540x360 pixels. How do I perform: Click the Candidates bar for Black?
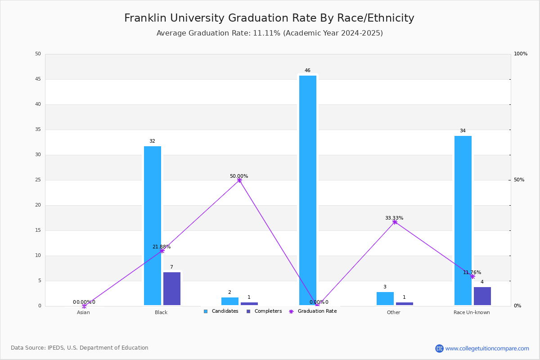(x=153, y=226)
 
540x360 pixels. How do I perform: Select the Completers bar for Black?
(x=172, y=288)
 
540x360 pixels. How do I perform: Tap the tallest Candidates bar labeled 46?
(x=308, y=190)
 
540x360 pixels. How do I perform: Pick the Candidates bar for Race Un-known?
(x=463, y=220)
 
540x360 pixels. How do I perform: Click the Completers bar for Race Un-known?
(x=482, y=296)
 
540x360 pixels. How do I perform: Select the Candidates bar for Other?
(x=385, y=299)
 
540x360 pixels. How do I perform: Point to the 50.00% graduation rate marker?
(x=239, y=180)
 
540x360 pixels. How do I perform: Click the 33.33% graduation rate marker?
(x=395, y=222)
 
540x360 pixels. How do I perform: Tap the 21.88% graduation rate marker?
(x=162, y=251)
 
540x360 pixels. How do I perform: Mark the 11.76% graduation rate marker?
(x=472, y=277)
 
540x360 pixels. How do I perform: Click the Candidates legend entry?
(x=221, y=311)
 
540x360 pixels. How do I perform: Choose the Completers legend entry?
(x=264, y=311)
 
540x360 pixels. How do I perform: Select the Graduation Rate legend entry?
(x=313, y=311)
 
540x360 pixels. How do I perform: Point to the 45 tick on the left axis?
(x=38, y=79)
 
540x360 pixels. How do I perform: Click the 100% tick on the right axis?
(x=521, y=54)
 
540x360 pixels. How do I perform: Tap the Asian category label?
(x=83, y=312)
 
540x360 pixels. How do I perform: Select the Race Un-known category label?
(x=472, y=312)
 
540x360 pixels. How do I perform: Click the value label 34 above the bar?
(x=463, y=130)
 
